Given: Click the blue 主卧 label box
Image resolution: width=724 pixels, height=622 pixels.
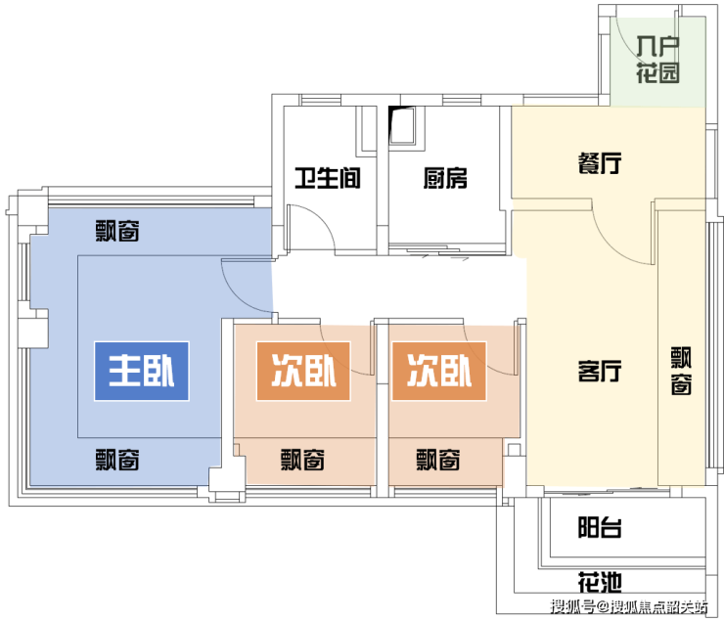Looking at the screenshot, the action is (142, 371).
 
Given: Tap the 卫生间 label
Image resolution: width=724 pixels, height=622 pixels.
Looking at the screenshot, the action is (328, 178).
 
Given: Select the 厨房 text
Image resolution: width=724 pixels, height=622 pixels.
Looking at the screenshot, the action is (445, 178).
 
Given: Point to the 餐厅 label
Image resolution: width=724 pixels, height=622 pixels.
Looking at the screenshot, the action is (600, 163).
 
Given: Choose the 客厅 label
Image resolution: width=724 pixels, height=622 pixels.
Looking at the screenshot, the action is (600, 371).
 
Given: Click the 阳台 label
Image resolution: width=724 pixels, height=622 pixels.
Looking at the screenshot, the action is (600, 527).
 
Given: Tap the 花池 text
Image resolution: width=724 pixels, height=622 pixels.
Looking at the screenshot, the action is (600, 582).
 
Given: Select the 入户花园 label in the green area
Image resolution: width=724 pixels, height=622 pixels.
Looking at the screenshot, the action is (657, 60).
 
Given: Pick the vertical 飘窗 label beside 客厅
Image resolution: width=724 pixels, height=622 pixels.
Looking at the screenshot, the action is (681, 371).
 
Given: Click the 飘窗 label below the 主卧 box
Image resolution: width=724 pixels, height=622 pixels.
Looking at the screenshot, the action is (117, 460).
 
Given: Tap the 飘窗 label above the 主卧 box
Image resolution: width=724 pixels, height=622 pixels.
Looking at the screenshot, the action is (117, 231).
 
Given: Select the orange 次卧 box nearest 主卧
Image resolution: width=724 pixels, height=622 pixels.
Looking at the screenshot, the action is (303, 371).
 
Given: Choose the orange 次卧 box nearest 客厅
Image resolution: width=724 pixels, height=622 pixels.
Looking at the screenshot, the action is (439, 371).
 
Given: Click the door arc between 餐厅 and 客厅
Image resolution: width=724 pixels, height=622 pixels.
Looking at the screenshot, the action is (611, 245).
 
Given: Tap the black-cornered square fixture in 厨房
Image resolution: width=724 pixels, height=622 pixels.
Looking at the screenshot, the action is (402, 125).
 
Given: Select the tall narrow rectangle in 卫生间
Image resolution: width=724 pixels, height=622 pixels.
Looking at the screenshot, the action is (369, 128).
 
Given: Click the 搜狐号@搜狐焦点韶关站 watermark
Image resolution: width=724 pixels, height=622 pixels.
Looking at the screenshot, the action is (628, 606).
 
